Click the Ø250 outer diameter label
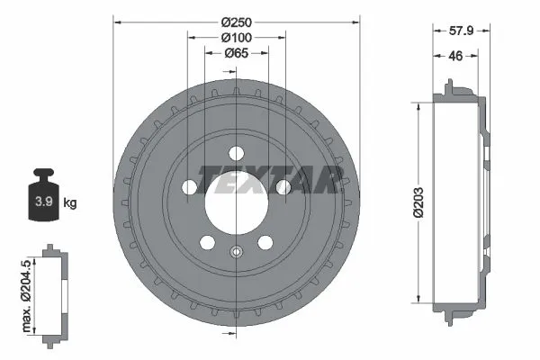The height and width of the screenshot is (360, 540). (237, 21)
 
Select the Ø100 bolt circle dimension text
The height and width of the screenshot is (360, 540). (237, 38)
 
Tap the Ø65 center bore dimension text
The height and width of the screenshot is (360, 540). (237, 54)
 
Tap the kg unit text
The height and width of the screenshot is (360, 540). (70, 202)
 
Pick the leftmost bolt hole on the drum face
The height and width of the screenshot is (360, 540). (190, 187)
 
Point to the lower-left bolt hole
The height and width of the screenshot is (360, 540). (207, 241)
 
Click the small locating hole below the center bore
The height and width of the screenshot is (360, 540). (236, 252)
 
